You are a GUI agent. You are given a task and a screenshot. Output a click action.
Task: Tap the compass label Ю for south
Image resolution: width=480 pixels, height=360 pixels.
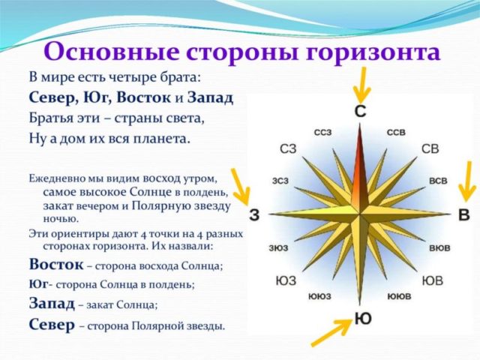362,319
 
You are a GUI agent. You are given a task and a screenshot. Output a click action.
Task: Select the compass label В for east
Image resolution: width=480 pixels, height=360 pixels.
463,215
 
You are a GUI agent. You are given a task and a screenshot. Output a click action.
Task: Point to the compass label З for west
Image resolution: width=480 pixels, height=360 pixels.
254,215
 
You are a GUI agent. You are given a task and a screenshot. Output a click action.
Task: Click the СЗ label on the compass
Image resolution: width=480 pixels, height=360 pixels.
288,149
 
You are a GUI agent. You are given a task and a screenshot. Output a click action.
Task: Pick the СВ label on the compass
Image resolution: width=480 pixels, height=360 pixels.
430,148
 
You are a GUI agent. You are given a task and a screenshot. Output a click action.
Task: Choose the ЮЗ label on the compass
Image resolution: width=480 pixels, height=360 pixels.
286,281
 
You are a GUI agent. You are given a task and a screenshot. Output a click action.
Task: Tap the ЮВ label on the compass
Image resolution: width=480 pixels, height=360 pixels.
432,281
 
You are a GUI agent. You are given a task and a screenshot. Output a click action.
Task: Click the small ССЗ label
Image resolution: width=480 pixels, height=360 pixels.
323,133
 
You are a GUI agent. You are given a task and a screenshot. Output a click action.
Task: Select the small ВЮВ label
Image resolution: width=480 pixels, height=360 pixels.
439,247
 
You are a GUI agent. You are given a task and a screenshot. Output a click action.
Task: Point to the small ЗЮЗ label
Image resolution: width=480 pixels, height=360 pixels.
280,247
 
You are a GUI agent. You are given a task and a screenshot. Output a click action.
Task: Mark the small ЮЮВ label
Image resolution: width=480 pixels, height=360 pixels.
399,297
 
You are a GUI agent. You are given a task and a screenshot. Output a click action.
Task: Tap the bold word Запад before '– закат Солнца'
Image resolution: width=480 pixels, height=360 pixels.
52,304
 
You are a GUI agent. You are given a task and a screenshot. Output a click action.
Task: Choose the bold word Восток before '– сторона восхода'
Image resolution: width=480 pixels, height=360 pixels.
55,265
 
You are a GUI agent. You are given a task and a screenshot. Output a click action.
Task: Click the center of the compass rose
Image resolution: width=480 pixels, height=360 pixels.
360,215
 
